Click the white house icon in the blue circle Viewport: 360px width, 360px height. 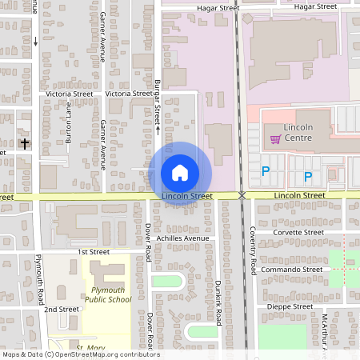[180, 172]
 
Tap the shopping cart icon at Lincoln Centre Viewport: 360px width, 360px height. [275, 139]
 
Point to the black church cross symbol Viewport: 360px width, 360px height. [25, 145]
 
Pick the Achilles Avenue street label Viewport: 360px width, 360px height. [183, 238]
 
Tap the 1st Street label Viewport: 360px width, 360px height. [93, 252]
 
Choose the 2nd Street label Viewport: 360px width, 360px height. [62, 309]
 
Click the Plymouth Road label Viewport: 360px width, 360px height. [39, 280]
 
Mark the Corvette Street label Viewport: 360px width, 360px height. [298, 232]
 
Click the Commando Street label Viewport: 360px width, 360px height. [296, 270]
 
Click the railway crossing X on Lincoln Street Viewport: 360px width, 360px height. [242, 195]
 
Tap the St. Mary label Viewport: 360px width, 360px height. [91, 346]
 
